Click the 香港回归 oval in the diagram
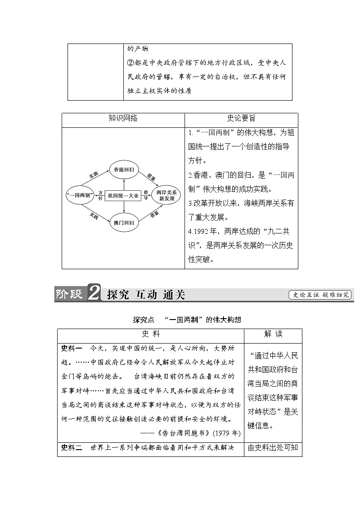[x=123, y=170]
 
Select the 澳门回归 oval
[x=123, y=222]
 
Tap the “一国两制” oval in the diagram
[x=80, y=195]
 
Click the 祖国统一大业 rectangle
[x=123, y=195]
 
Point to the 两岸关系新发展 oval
[x=166, y=195]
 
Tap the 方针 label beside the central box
[x=100, y=195]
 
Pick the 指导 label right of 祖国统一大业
[x=146, y=195]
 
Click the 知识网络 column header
[x=123, y=119]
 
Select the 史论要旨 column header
[x=241, y=119]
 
